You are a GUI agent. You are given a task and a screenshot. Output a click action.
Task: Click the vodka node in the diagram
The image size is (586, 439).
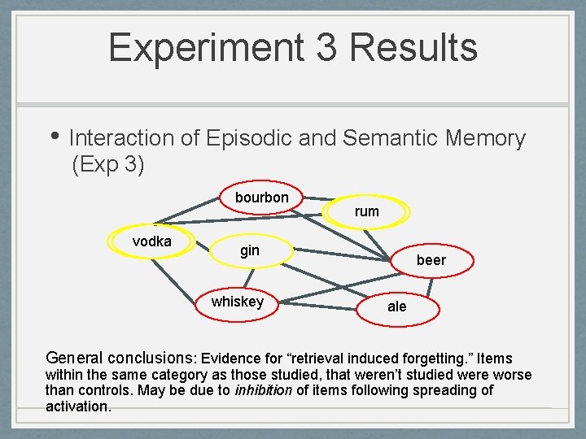coord(151,241)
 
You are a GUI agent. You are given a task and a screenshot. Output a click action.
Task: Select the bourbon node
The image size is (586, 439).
coord(262,198)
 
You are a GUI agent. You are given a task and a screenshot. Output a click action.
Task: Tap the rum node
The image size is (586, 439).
coord(367,211)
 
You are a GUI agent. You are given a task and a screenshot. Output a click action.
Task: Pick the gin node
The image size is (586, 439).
coord(250,250)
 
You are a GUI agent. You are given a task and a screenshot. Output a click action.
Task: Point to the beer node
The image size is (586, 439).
coord(431,260)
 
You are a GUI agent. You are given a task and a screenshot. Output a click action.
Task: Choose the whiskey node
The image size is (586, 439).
coord(238,302)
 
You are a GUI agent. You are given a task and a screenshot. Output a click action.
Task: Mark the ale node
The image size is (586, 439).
coord(397,306)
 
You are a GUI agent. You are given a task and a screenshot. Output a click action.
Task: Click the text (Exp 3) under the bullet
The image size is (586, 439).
coord(108,165)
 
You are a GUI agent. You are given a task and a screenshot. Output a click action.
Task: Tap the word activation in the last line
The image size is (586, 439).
coord(77,406)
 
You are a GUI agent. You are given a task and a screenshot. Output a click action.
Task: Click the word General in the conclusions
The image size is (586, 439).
coord(74,358)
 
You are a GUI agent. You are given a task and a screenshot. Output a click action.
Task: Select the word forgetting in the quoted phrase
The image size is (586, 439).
coord(435,359)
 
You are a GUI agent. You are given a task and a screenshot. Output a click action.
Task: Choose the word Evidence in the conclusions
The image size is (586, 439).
coord(231,359)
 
